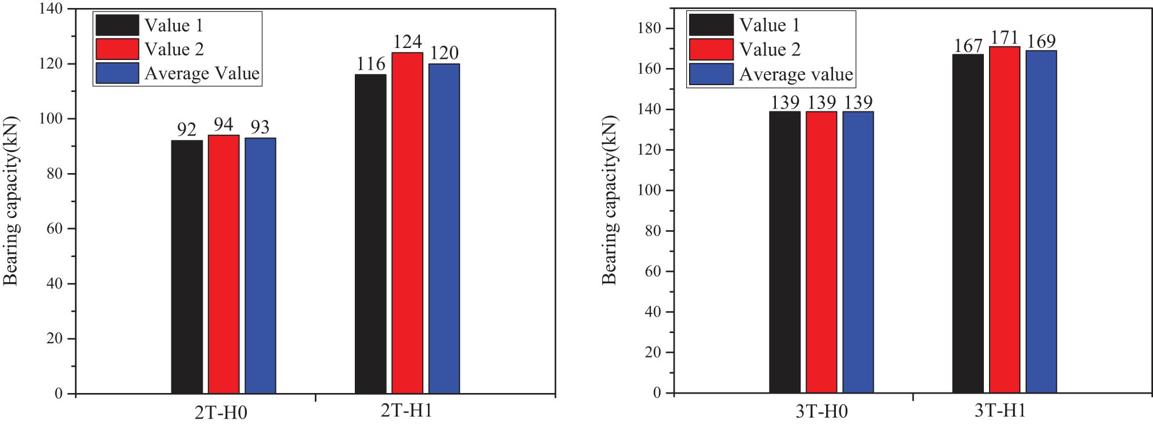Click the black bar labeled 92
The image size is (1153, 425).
[x=187, y=267]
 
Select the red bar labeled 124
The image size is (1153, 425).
[x=407, y=223]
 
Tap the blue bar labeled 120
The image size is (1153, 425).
[x=444, y=228]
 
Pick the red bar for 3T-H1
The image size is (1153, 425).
[x=1004, y=219]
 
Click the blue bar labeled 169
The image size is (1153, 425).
[x=1041, y=222]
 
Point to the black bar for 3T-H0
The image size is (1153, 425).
[x=784, y=252]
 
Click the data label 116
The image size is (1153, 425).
[x=371, y=64]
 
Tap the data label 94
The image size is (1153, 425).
[x=223, y=124]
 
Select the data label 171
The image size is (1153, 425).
[x=1004, y=38]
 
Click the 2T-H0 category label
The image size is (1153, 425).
[x=221, y=412]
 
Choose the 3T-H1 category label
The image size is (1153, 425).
[x=1000, y=411]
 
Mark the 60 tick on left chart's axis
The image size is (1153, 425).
[x=54, y=228]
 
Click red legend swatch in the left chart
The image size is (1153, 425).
[x=117, y=49]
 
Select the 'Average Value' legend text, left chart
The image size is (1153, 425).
[x=202, y=74]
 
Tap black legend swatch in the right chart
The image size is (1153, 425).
[x=711, y=25]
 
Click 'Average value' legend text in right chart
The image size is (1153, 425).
[x=796, y=74]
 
